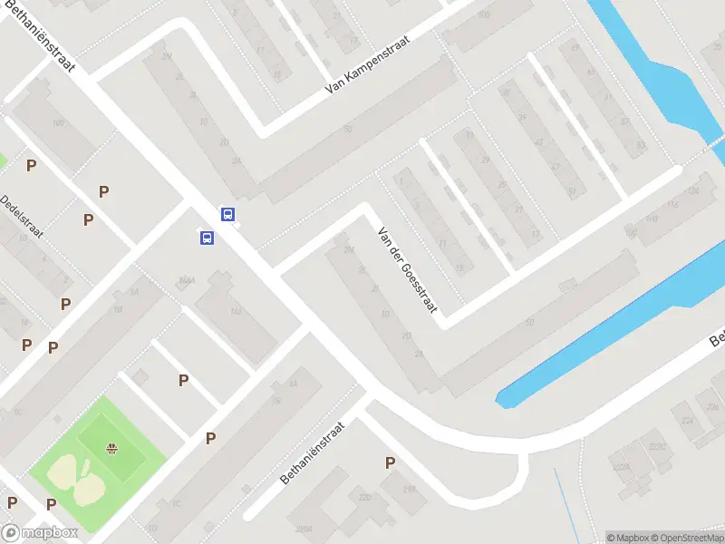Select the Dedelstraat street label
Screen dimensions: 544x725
click(x=22, y=216)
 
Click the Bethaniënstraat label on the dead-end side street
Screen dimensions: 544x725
click(x=313, y=452)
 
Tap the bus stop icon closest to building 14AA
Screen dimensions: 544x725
click(x=208, y=238)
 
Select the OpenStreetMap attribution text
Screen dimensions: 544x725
click(x=688, y=538)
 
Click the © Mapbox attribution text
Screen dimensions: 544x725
click(x=627, y=538)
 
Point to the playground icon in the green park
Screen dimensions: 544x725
click(x=112, y=448)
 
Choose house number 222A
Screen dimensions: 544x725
click(x=620, y=467)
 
